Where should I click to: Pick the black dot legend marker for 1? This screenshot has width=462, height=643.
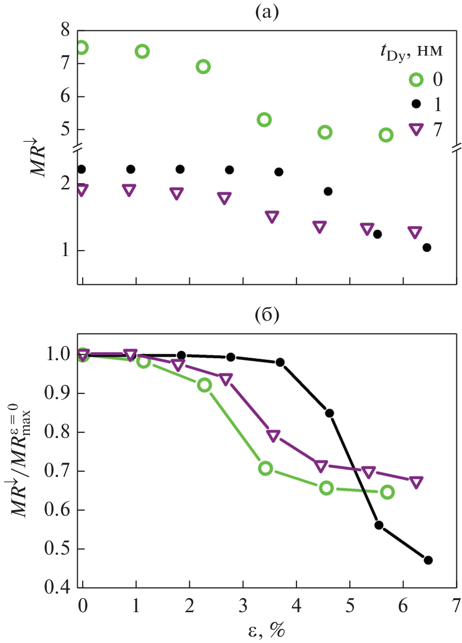tap(416, 104)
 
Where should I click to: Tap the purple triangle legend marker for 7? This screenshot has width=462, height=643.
tap(416, 129)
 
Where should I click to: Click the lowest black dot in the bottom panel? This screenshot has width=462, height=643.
tap(428, 560)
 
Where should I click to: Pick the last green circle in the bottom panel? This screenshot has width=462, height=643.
tap(387, 492)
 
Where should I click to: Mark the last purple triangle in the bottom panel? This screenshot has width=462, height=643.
tap(416, 482)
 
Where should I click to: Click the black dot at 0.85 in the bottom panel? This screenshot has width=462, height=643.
tap(329, 413)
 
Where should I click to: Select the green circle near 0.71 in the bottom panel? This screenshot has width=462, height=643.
tap(266, 468)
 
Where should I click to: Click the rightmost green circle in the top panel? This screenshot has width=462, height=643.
tap(386, 135)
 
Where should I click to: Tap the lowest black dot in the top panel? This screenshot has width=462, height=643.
tap(427, 248)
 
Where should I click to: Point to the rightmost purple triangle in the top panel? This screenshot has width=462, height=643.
tap(415, 232)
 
